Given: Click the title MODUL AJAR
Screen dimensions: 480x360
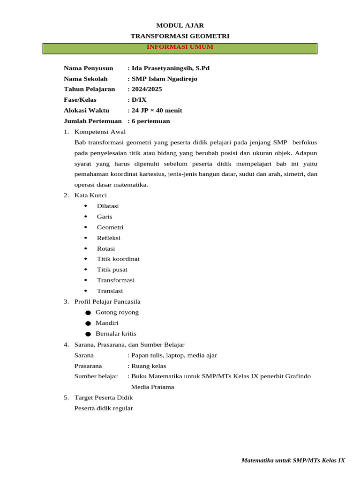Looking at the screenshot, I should click(x=180, y=25).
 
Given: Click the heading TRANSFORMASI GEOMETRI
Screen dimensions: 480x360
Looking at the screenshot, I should click(x=180, y=36).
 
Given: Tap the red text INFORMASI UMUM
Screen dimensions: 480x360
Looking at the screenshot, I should click(x=180, y=47).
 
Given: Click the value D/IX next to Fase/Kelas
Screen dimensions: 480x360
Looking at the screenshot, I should click(x=139, y=100).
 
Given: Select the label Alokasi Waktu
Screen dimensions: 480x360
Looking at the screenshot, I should click(x=86, y=111).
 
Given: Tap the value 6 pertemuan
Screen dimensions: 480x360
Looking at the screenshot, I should click(x=150, y=121).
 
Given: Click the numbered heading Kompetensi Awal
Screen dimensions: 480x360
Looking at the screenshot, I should click(x=100, y=132).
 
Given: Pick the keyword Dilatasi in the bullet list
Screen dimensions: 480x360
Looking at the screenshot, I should click(x=108, y=206).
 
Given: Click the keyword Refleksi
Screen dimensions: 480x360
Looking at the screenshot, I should click(x=109, y=238).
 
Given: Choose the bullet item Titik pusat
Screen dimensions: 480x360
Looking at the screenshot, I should click(x=112, y=270).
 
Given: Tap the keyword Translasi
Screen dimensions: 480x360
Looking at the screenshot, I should click(x=110, y=291).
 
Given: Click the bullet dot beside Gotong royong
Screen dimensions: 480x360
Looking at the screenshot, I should click(x=88, y=313).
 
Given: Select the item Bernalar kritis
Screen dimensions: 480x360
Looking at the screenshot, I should click(x=116, y=334).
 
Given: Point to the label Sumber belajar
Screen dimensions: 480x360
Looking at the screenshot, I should click(x=96, y=376).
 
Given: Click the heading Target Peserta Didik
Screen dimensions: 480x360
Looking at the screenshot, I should click(x=104, y=397).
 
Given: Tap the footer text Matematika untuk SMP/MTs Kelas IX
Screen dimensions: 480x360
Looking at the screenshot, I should click(x=293, y=460).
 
